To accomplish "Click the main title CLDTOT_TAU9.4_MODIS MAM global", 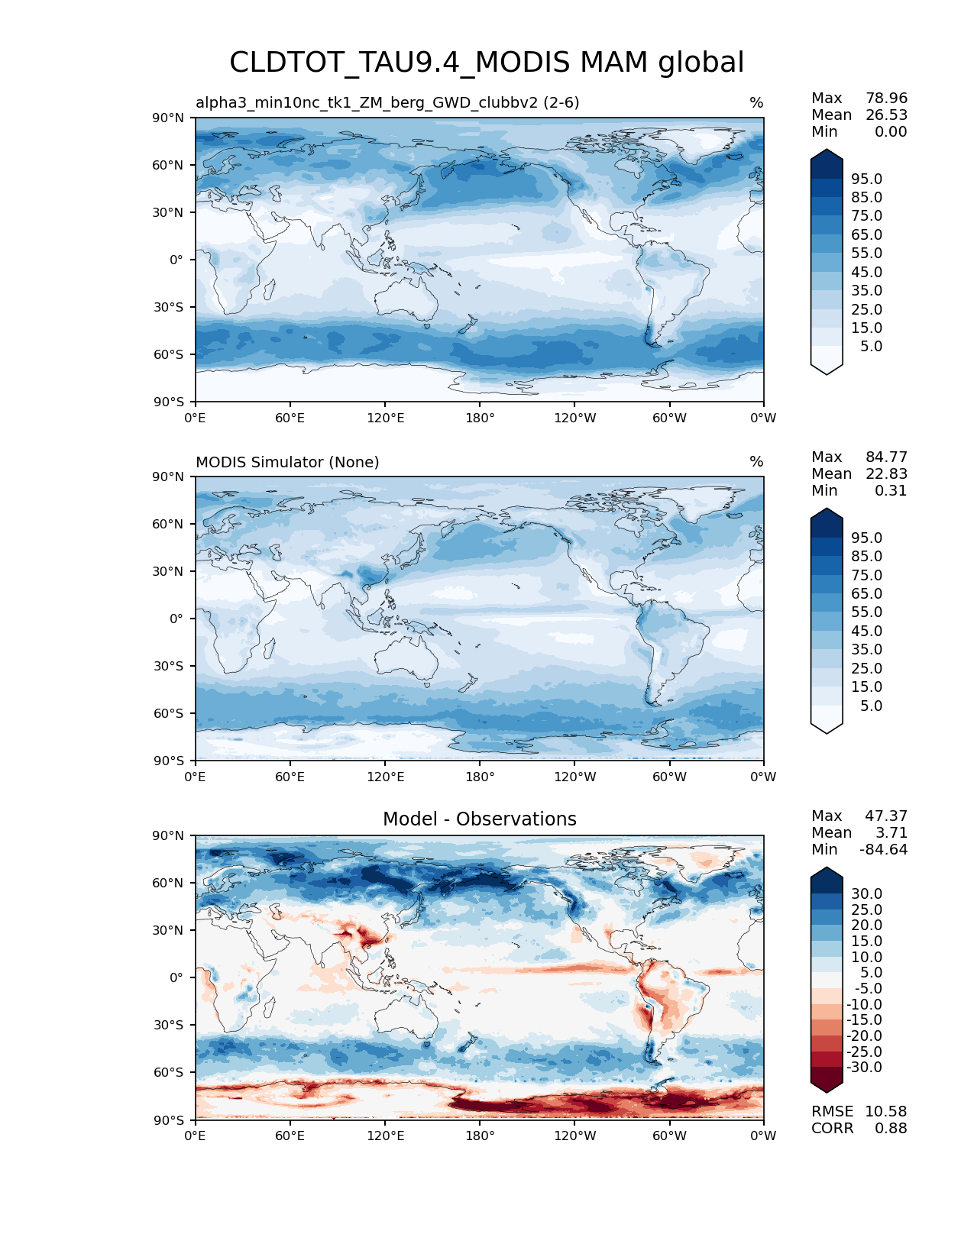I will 487,63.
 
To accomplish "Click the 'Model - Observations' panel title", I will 479,819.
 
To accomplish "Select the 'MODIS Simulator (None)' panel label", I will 287,462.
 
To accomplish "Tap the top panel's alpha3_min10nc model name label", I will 387,102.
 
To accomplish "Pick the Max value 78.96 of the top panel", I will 886,98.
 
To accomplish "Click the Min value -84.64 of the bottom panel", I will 884,849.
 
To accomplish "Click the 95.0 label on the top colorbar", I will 866,179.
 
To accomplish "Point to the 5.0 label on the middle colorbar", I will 871,706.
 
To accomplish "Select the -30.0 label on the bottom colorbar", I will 864,1067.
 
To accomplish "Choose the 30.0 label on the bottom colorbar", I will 866,893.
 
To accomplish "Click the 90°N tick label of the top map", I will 168,118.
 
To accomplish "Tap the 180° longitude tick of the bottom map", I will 480,1136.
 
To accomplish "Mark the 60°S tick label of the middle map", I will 168,713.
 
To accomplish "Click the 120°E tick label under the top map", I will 385,418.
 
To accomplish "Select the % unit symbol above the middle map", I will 756,462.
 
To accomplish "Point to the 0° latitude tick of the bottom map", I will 176,977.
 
